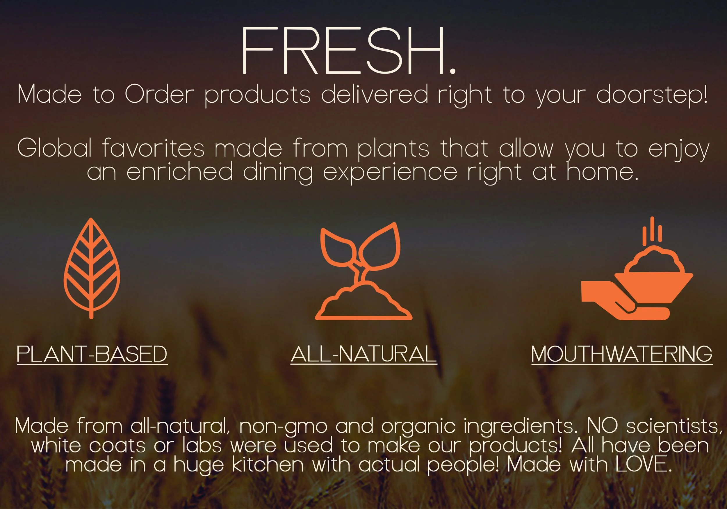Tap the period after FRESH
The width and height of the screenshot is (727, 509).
452,70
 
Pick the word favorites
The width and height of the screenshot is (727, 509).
154,148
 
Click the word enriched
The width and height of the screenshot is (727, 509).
179,172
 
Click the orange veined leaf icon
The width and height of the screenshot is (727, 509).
92,268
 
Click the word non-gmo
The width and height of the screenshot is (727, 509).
284,426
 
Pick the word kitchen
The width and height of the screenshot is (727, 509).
268,465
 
